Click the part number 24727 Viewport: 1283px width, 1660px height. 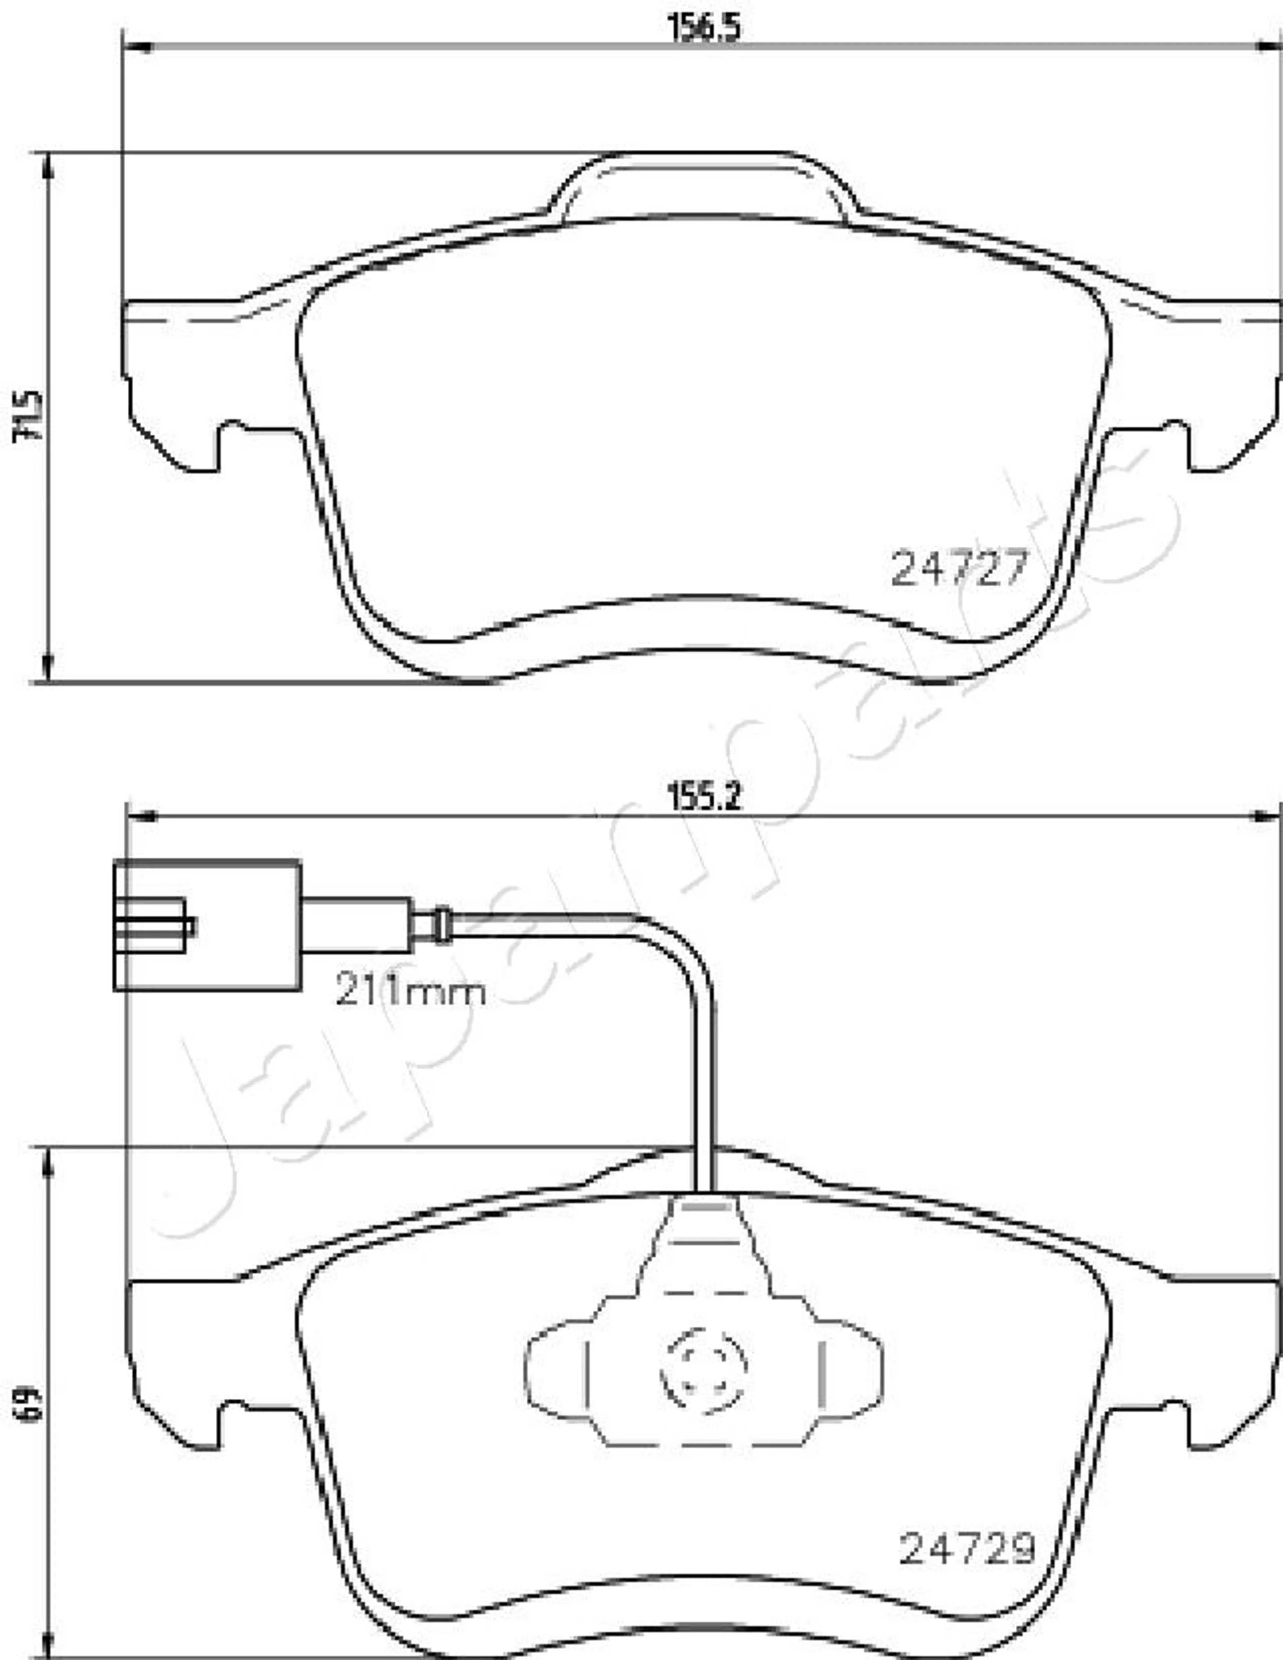959,568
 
